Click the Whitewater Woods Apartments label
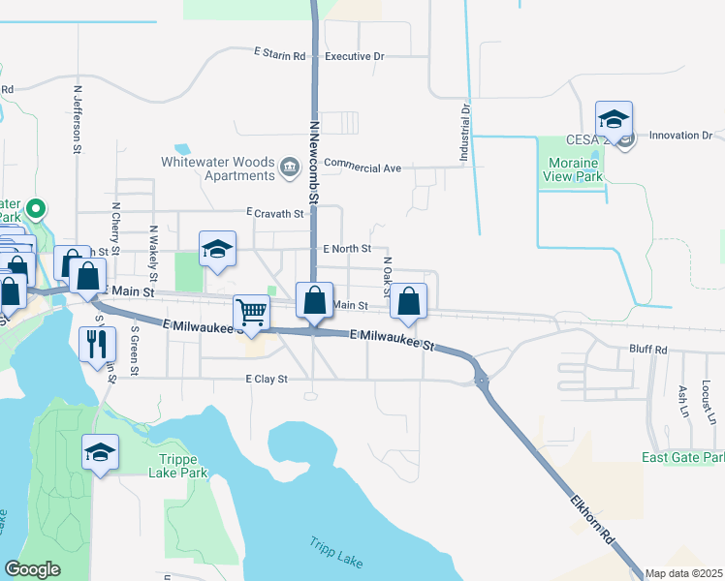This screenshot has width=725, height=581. [218, 168]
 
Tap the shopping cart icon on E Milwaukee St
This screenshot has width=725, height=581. [252, 313]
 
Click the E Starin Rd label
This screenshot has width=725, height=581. [279, 50]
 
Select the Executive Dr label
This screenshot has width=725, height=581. [355, 56]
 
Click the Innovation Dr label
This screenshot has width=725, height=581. [680, 136]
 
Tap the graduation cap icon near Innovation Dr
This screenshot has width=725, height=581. [614, 120]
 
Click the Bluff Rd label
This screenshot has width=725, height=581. [648, 350]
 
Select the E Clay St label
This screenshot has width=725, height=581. [267, 380]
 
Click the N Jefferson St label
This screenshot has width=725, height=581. [77, 119]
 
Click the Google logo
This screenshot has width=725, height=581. [33, 569]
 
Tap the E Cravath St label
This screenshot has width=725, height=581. [275, 212]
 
